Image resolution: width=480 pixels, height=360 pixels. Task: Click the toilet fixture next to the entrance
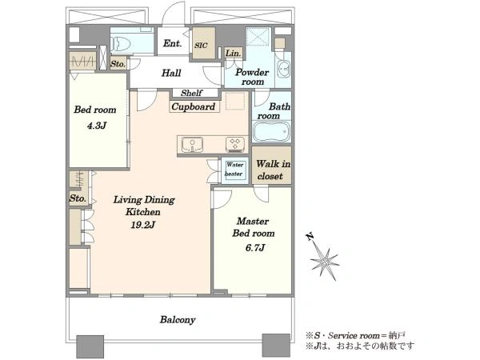(x=120, y=44)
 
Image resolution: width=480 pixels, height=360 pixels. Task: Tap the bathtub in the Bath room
(x=271, y=131)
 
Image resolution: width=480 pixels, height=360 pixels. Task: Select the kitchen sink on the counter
(x=192, y=145)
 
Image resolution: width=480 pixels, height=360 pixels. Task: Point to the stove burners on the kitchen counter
(x=235, y=145)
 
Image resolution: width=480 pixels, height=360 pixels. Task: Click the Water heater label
(x=234, y=169)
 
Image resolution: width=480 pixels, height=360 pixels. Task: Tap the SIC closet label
(x=201, y=46)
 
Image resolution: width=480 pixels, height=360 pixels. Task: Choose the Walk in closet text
(x=273, y=170)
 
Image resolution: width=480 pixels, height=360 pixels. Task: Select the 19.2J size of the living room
(x=143, y=226)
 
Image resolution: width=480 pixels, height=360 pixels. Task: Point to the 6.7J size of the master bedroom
(x=255, y=247)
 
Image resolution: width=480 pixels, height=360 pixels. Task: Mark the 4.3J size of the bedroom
(x=97, y=126)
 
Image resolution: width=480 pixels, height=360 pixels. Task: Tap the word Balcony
(x=178, y=320)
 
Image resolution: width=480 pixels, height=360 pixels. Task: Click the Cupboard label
(x=193, y=107)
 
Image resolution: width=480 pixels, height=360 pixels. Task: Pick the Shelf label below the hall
(x=192, y=93)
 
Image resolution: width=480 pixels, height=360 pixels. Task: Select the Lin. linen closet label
(x=234, y=54)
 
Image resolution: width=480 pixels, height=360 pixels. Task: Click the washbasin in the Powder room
(x=284, y=70)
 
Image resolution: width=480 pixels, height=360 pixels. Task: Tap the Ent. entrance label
(x=172, y=43)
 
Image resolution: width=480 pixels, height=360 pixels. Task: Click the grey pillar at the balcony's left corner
(x=90, y=346)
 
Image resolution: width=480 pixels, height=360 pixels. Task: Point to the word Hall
(x=171, y=73)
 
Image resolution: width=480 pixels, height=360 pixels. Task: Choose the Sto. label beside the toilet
(x=118, y=64)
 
